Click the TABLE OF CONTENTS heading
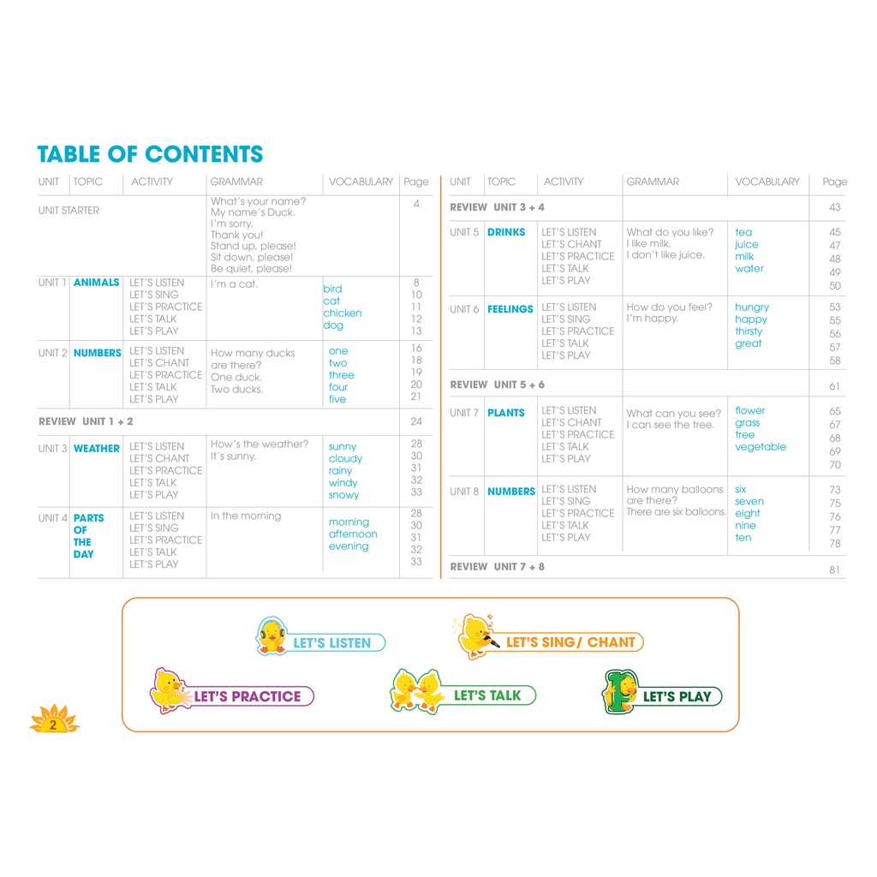click(150, 154)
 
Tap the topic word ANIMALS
click(96, 283)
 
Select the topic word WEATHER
click(96, 448)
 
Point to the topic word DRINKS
click(506, 232)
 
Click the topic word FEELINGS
click(510, 309)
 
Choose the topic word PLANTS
click(505, 413)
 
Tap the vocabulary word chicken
click(342, 313)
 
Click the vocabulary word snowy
click(343, 495)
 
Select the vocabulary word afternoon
click(353, 534)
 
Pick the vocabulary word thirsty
click(749, 331)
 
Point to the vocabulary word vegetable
click(760, 447)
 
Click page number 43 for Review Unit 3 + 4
click(834, 207)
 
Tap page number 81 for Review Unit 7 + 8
click(834, 570)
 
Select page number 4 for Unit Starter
click(416, 204)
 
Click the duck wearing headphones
click(271, 635)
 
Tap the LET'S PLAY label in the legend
click(677, 697)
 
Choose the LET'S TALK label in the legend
click(486, 695)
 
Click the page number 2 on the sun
click(53, 725)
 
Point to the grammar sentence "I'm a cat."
click(234, 284)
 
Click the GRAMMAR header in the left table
click(236, 182)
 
